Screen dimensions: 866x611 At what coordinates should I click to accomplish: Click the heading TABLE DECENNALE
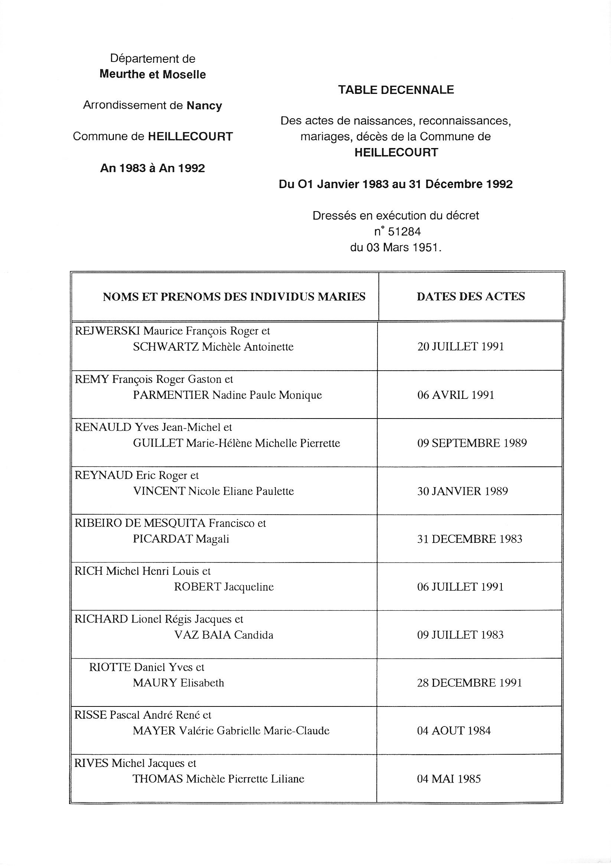point(396,90)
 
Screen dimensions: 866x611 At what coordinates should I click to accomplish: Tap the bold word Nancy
point(204,106)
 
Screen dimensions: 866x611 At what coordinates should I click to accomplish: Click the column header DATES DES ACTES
point(471,296)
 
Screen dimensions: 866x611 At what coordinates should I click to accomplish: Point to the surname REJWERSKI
point(108,331)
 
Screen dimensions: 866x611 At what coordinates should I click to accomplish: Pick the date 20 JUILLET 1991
point(460,347)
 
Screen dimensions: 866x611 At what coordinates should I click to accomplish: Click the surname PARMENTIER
point(171,395)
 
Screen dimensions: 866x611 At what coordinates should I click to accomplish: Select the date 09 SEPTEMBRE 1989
point(472,443)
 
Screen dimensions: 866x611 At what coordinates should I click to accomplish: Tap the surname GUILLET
point(158,443)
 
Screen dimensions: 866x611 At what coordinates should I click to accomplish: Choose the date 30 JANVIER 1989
point(462,491)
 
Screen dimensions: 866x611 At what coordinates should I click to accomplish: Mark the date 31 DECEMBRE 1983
point(470,539)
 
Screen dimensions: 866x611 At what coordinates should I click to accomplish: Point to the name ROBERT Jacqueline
point(224,587)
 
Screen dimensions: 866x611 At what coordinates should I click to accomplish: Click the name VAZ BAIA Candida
point(224,635)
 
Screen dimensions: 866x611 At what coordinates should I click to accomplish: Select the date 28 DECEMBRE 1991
point(470,683)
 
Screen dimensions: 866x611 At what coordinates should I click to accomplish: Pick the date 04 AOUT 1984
point(454,731)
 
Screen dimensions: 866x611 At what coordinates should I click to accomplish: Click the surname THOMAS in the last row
point(158,778)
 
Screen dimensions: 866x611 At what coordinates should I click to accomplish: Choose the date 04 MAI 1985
point(449,779)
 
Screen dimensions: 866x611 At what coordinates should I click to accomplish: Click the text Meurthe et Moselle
point(153,74)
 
